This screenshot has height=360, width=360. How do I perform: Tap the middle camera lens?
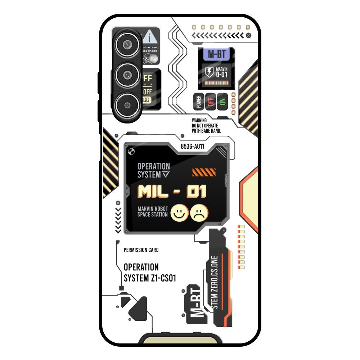[x=126, y=75]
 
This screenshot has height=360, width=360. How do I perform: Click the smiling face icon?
[x=179, y=213]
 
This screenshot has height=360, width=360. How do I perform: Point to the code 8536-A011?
[x=192, y=147]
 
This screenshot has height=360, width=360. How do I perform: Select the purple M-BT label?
[x=216, y=54]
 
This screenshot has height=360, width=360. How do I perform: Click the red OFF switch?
[x=211, y=102]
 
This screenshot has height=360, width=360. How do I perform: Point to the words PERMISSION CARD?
[x=141, y=250]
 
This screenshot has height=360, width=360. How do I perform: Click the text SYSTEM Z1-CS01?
[x=150, y=278]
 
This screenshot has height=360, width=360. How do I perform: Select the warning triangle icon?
[x=151, y=36]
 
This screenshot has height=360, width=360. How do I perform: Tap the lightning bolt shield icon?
[x=209, y=72]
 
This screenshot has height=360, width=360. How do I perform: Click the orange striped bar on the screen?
[x=204, y=172]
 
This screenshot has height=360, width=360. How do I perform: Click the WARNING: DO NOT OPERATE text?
[x=206, y=126]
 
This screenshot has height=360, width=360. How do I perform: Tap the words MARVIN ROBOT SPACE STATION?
[x=153, y=212]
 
